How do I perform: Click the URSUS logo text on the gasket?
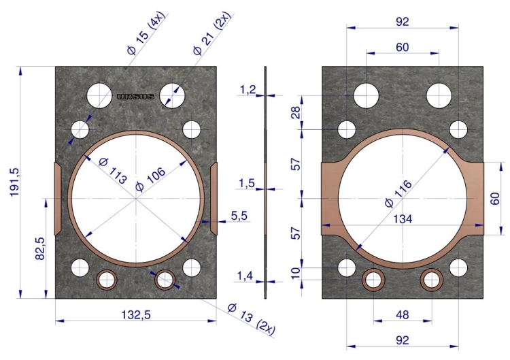point(135,97)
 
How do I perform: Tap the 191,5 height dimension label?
point(15,182)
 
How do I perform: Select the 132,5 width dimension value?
point(136,315)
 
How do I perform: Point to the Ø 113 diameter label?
point(112,171)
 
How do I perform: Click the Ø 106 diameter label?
point(150,180)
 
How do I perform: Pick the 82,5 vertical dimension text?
point(40,248)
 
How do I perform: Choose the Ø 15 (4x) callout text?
point(146,33)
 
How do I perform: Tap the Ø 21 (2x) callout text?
point(211,33)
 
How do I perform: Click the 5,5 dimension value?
point(239,216)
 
